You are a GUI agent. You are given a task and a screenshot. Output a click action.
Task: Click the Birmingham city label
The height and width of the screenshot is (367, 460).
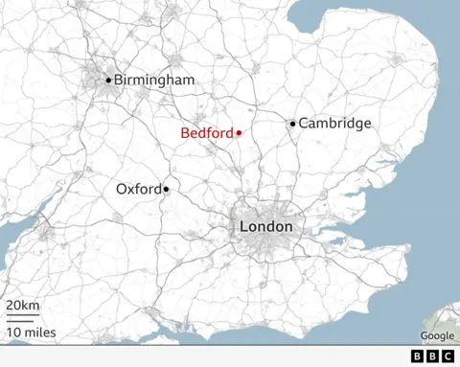coord(153,80)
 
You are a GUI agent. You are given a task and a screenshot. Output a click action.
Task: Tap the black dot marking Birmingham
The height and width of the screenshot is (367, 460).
coord(108,80)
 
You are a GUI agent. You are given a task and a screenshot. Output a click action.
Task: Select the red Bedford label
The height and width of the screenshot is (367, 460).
coord(206,133)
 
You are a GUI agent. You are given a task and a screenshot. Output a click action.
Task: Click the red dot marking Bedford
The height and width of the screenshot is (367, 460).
coord(239,132)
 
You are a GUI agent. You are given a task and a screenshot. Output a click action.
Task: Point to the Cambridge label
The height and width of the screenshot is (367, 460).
coord(334,124)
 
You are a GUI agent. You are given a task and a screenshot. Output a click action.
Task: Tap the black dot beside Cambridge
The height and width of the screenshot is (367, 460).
coord(293,123)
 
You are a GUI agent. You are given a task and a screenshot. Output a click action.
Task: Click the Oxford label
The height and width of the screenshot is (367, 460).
coord(138,189)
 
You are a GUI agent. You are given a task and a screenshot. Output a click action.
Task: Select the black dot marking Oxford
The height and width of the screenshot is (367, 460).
coord(166,190)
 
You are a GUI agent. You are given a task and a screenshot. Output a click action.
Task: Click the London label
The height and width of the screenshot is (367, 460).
coord(265,227)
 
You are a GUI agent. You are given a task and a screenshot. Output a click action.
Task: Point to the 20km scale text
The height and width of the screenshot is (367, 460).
coord(23,305)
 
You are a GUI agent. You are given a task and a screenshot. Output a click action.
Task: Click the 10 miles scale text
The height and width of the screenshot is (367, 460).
coord(32,333)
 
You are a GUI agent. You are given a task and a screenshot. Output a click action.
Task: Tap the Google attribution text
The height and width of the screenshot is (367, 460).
coord(437,335)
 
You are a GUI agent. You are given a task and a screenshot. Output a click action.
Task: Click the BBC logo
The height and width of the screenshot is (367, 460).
coord(434,356)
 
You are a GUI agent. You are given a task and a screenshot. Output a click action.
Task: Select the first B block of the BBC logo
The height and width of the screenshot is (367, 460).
coord(420,356)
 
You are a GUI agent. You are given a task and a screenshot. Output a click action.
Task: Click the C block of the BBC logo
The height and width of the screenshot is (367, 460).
coord(448,356)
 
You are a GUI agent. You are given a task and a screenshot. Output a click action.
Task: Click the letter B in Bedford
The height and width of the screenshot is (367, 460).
coord(185,133)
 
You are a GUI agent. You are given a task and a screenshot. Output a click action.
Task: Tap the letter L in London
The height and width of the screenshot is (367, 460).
coord(243,227)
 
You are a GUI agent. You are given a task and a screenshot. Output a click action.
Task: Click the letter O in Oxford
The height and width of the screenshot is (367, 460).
coord(122,189)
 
